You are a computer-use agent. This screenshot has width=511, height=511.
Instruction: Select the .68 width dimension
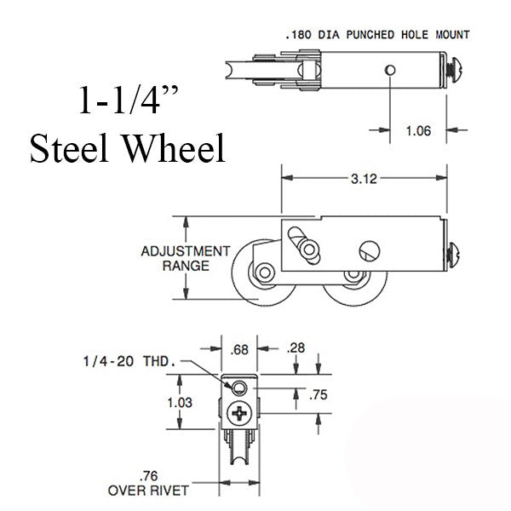(240, 347)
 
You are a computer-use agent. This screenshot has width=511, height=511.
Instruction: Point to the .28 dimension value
(297, 347)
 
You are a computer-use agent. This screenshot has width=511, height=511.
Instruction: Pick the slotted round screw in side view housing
(367, 250)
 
